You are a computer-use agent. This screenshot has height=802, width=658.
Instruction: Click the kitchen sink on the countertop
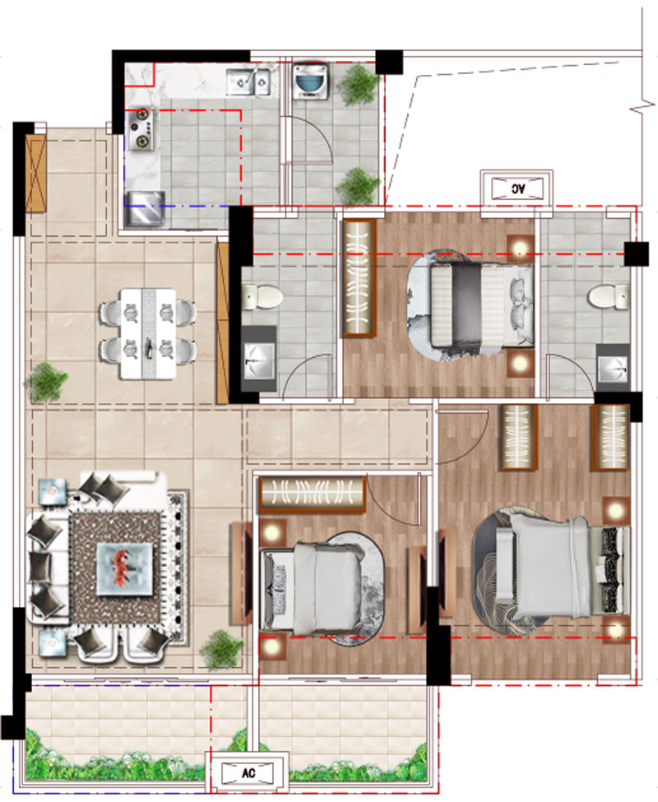click(x=248, y=81)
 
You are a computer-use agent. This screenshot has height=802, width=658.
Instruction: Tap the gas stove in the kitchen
click(x=141, y=128)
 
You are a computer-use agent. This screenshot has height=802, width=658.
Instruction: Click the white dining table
click(x=148, y=334)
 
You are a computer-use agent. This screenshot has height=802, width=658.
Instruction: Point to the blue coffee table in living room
click(x=125, y=569)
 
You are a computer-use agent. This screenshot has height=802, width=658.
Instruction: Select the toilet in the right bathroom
click(x=609, y=297)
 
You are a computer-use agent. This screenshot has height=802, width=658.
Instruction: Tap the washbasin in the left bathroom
click(x=260, y=360)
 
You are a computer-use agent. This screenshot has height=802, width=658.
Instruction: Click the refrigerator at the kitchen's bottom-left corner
click(x=145, y=209)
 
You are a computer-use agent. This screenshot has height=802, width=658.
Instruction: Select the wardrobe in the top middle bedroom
click(x=359, y=278)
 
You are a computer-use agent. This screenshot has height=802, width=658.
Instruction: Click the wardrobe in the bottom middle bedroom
click(x=313, y=494)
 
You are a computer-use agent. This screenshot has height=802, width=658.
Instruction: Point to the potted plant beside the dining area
click(x=46, y=382)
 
